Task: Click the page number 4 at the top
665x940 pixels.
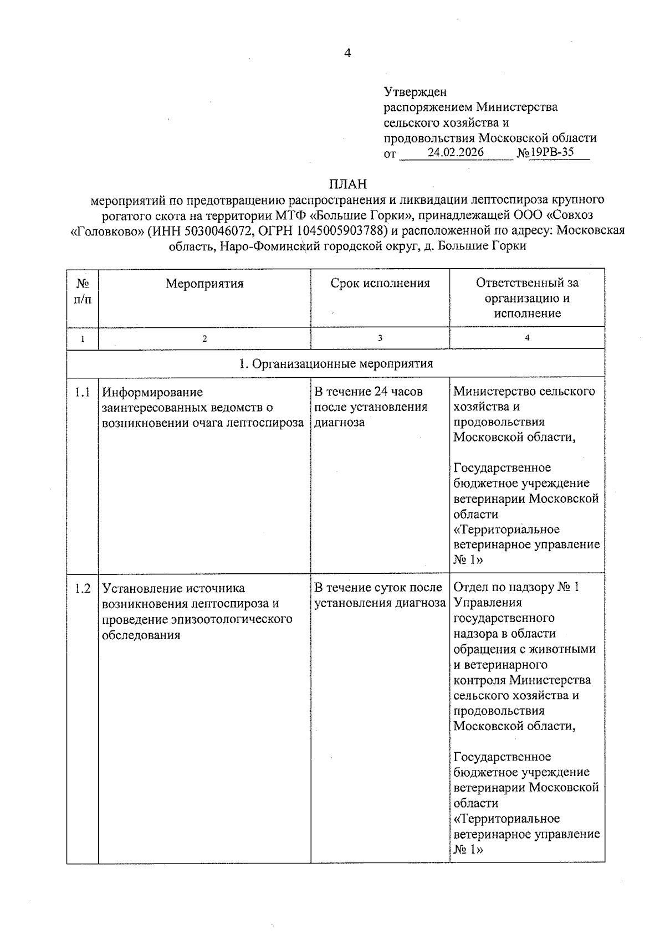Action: coord(347,53)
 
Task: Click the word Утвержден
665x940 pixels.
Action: coord(415,91)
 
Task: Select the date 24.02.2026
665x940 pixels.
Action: coord(456,152)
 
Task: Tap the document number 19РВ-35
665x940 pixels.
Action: coord(551,152)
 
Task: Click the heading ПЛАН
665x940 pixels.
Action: coord(347,183)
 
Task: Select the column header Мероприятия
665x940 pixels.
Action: coord(204,284)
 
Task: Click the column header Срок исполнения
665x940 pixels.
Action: coord(380,284)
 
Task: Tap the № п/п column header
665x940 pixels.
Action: coord(83,291)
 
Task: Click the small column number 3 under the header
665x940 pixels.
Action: coord(380,338)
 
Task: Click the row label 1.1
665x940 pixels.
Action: coord(83,392)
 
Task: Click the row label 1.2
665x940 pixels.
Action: coord(83,588)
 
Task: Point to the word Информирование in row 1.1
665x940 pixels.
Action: coord(152,392)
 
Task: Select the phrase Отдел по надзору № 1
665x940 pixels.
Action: coord(516,587)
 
